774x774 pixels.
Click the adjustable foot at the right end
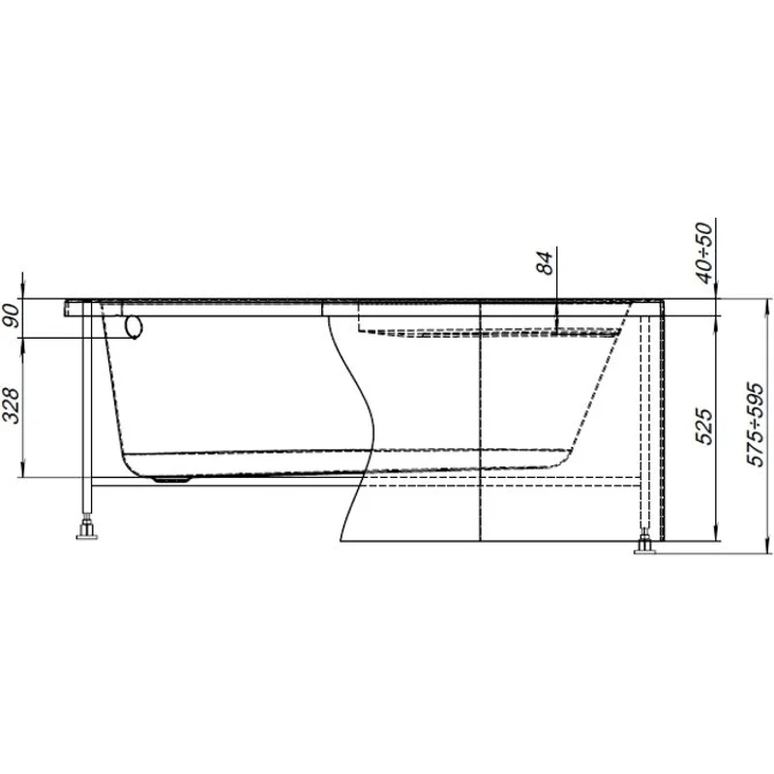coord(643,550)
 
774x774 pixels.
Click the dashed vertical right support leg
coord(642,426)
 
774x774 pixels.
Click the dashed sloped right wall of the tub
coord(600,387)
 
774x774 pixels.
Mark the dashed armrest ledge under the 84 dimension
coord(484,334)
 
